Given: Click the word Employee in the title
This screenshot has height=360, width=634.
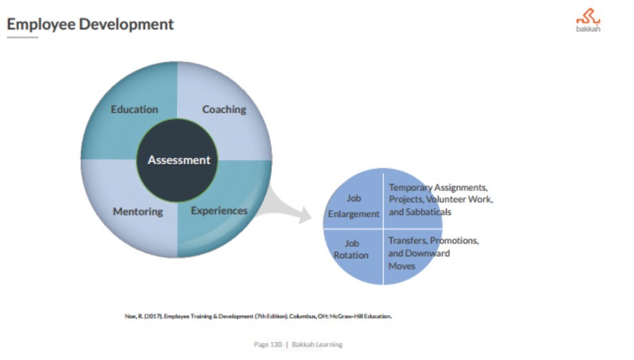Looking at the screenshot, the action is (41, 24).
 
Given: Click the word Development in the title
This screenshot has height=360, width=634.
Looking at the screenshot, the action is (126, 24).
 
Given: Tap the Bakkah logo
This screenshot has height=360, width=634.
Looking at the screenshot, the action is (589, 20).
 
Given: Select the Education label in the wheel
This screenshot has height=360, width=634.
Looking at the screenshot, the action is (134, 109).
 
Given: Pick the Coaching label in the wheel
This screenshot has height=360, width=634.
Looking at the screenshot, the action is (224, 109).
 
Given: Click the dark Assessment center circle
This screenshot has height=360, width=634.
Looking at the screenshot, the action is (177, 160).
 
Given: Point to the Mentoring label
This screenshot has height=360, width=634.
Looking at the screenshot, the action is (138, 212).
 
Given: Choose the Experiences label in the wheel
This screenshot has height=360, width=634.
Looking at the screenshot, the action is (219, 210).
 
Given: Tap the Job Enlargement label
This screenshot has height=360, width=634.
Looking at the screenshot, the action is (354, 206).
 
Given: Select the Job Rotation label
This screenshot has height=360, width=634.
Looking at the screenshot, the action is (351, 249).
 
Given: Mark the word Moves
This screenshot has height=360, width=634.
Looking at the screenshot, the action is (402, 266).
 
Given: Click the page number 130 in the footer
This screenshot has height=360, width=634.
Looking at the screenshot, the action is (276, 344).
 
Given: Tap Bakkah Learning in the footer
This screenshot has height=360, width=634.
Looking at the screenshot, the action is (317, 344).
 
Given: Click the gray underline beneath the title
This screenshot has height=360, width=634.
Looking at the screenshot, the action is (22, 38).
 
